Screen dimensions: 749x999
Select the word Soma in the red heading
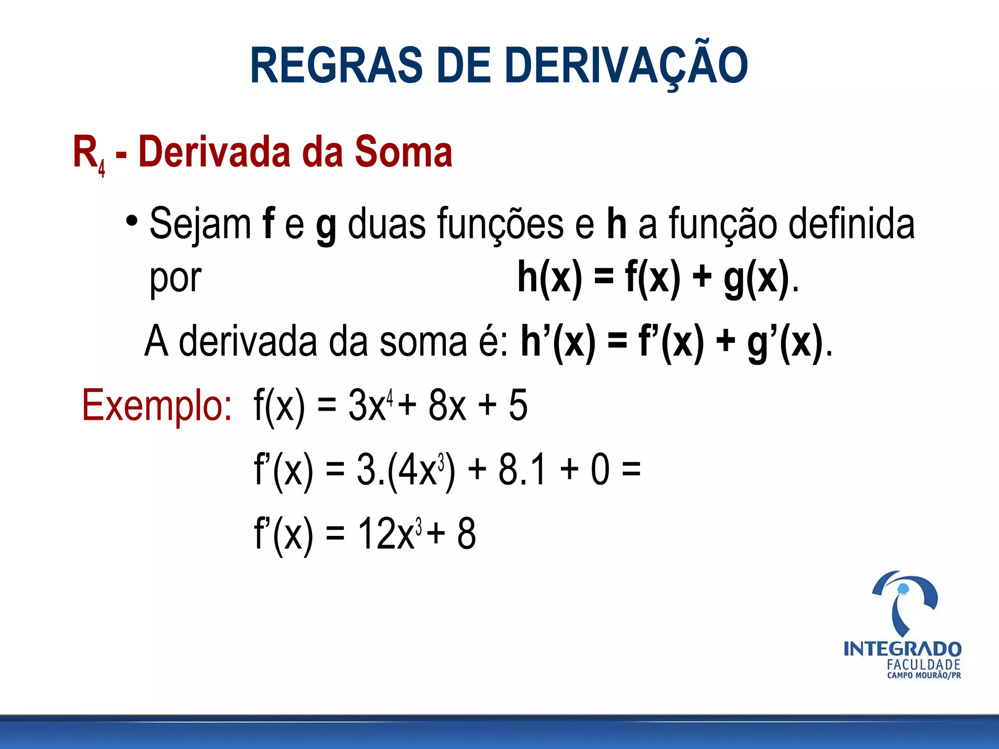click(403, 152)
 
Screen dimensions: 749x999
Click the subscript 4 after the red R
click(101, 169)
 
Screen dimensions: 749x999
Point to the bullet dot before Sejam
click(131, 221)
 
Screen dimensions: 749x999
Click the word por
click(175, 278)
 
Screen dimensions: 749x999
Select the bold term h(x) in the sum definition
click(550, 277)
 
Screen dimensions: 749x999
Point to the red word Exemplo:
click(157, 405)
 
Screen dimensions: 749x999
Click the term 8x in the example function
click(447, 405)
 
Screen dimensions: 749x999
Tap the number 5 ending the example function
click(518, 405)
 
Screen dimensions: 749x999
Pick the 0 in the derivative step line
click(600, 470)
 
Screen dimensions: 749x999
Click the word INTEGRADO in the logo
click(902, 649)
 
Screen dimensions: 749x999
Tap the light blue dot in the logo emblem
click(903, 589)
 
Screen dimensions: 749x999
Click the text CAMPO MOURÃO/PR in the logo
click(924, 675)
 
